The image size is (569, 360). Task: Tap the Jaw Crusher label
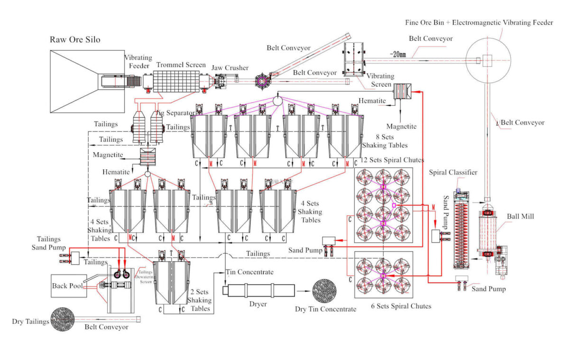(229, 68)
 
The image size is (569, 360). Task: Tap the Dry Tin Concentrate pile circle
(324, 290)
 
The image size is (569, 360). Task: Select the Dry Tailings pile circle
(64, 318)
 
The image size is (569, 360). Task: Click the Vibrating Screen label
(378, 80)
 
